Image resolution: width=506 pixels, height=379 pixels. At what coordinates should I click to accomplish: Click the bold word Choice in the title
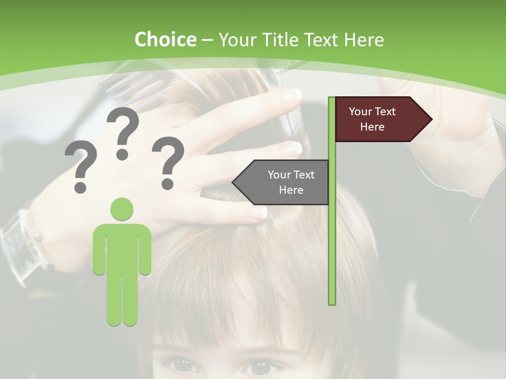pyautogui.click(x=166, y=40)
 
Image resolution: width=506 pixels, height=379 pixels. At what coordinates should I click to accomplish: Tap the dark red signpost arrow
pyautogui.click(x=377, y=119)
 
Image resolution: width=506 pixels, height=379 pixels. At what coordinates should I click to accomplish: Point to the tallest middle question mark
pyautogui.click(x=123, y=132)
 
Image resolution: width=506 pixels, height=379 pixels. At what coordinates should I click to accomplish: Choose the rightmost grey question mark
pyautogui.click(x=168, y=161)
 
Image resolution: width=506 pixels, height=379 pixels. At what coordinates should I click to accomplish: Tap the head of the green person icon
pyautogui.click(x=122, y=209)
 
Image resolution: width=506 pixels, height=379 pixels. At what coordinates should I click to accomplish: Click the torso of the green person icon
pyautogui.click(x=122, y=247)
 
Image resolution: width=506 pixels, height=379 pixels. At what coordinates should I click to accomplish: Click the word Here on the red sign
pyautogui.click(x=372, y=127)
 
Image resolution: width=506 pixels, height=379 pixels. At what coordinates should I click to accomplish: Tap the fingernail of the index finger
pyautogui.click(x=291, y=95)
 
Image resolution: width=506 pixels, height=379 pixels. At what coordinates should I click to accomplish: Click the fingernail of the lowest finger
pyautogui.click(x=259, y=213)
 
